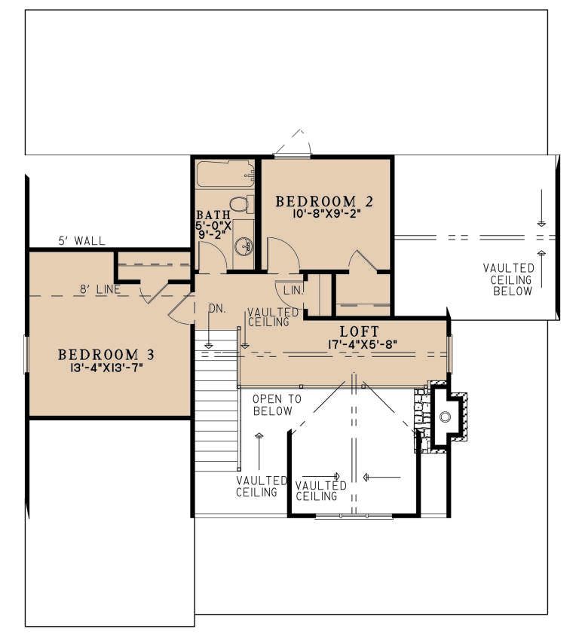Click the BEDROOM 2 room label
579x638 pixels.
pos(324,201)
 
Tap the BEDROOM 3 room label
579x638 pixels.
pos(106,355)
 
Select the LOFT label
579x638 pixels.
pos(360,331)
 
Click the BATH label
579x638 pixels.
pos(213,215)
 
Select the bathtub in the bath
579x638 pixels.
pos(225,174)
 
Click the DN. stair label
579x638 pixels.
pos(217,309)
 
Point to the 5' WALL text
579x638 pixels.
pos(82,241)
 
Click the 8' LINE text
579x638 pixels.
pos(100,289)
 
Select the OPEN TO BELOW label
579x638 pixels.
pos(277,404)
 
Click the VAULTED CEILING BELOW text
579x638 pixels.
pos(509,279)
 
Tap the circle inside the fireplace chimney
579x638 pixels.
pos(446,417)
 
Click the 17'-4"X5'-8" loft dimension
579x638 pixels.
pos(362,344)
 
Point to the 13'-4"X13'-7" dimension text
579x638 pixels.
pos(107,368)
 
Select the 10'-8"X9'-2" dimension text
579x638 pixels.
pos(326,214)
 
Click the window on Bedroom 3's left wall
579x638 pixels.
pos(26,353)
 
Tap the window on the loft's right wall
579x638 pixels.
pos(449,353)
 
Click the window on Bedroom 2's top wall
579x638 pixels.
pos(292,156)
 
